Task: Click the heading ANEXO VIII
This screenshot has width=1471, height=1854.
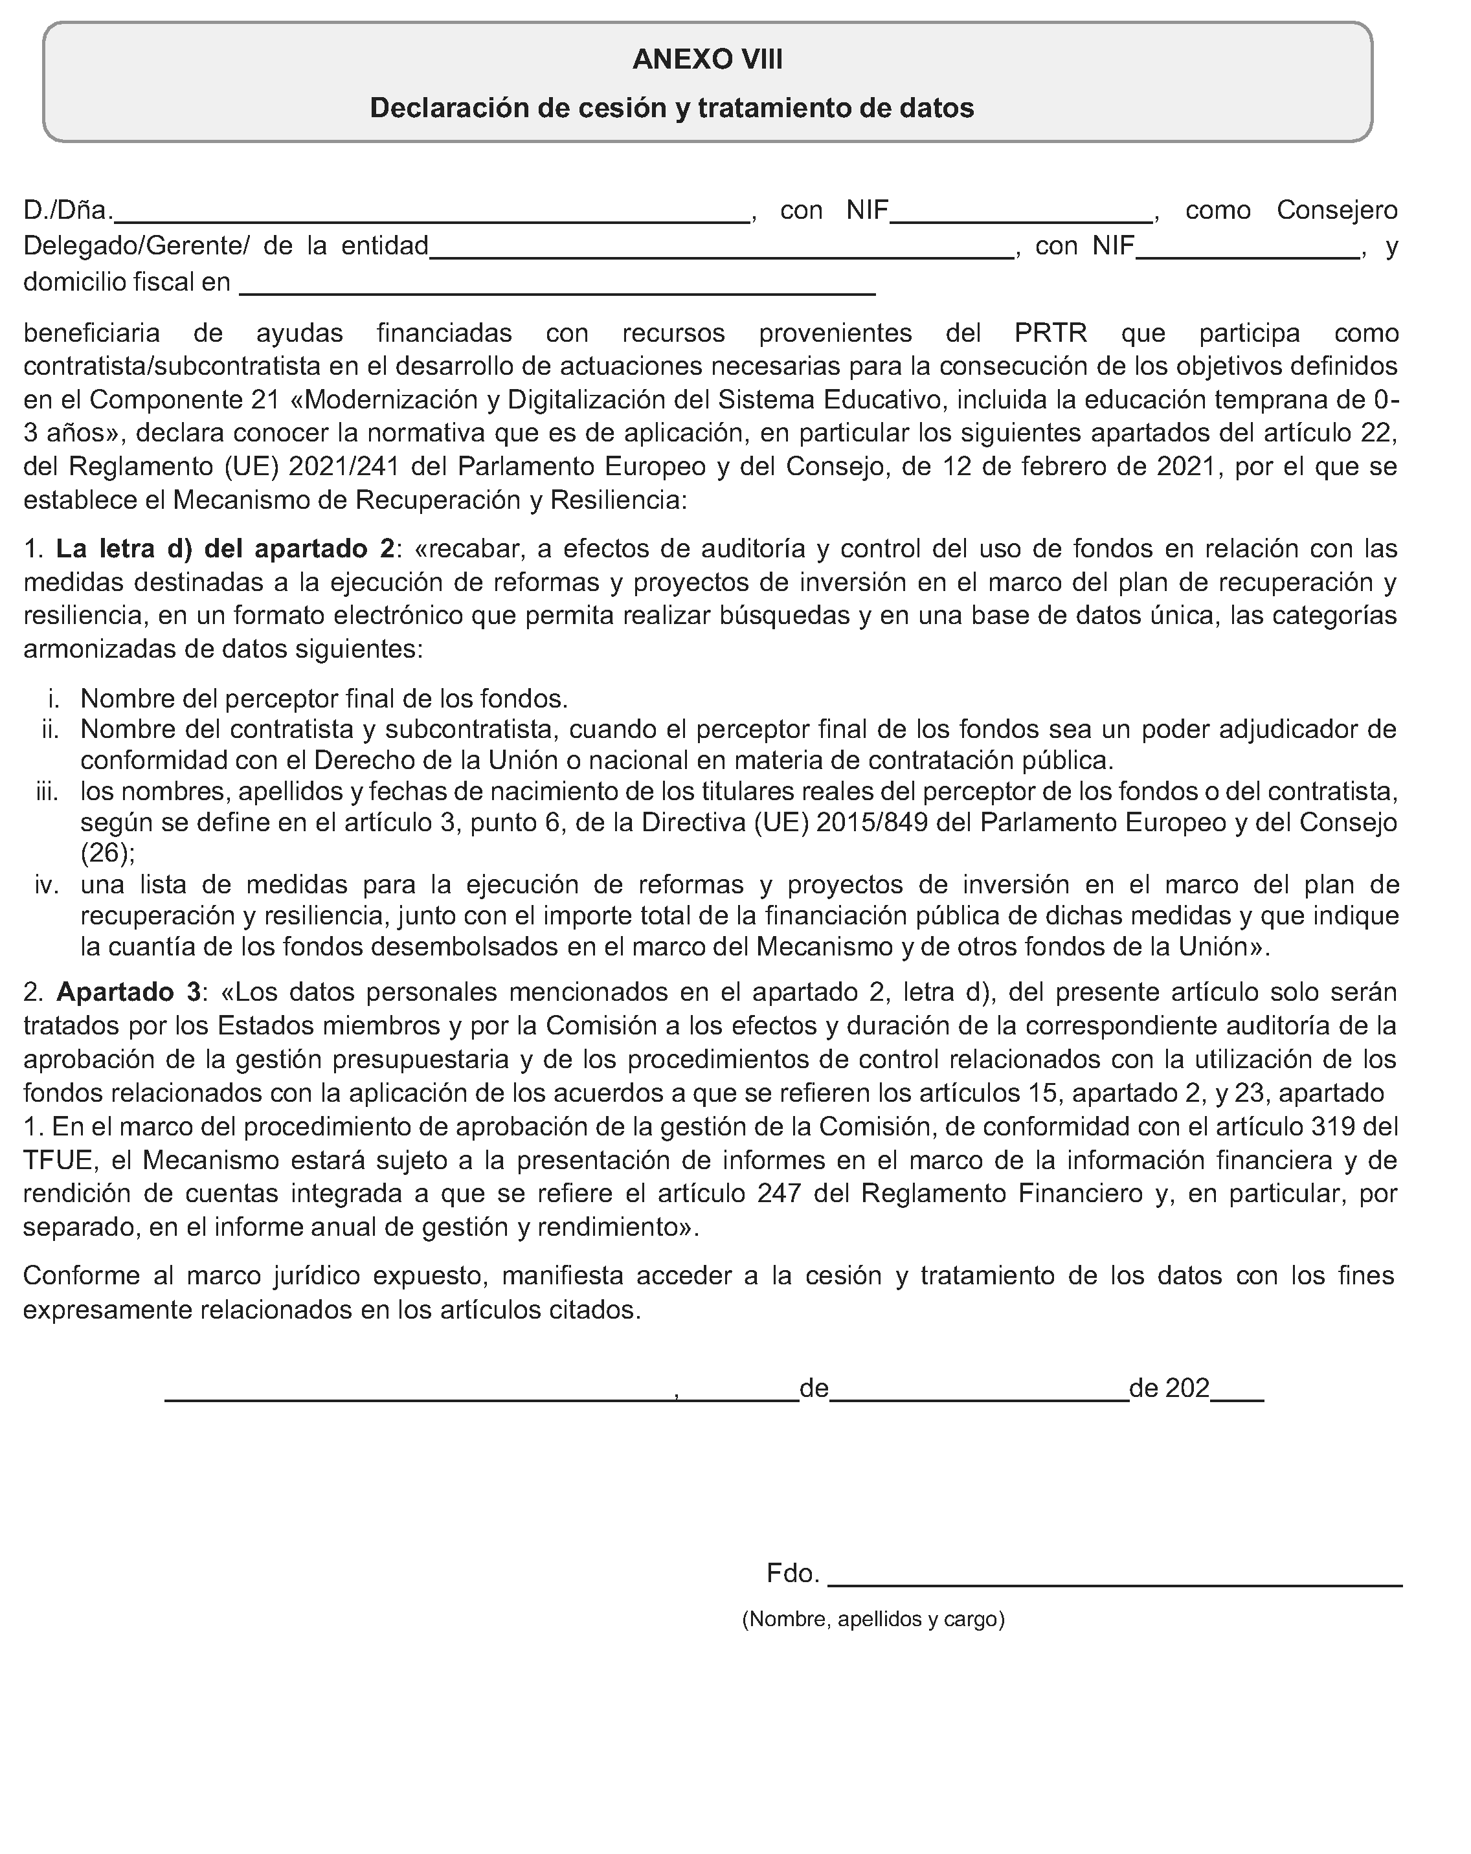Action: pos(707,60)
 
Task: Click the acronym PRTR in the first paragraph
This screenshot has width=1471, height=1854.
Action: pos(1050,333)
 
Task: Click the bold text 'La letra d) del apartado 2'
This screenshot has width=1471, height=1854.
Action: pos(225,549)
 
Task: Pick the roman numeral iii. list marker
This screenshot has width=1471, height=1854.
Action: pos(47,791)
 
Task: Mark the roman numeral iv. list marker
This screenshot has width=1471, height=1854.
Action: pos(47,885)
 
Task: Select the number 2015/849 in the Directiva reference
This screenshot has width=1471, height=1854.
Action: pos(871,823)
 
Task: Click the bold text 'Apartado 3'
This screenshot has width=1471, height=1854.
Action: pos(128,992)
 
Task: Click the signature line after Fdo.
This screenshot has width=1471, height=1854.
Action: pos(1114,1573)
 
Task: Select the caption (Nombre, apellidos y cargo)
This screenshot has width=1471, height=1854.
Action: pos(873,1619)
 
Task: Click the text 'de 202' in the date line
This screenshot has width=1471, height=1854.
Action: pos(1169,1389)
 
